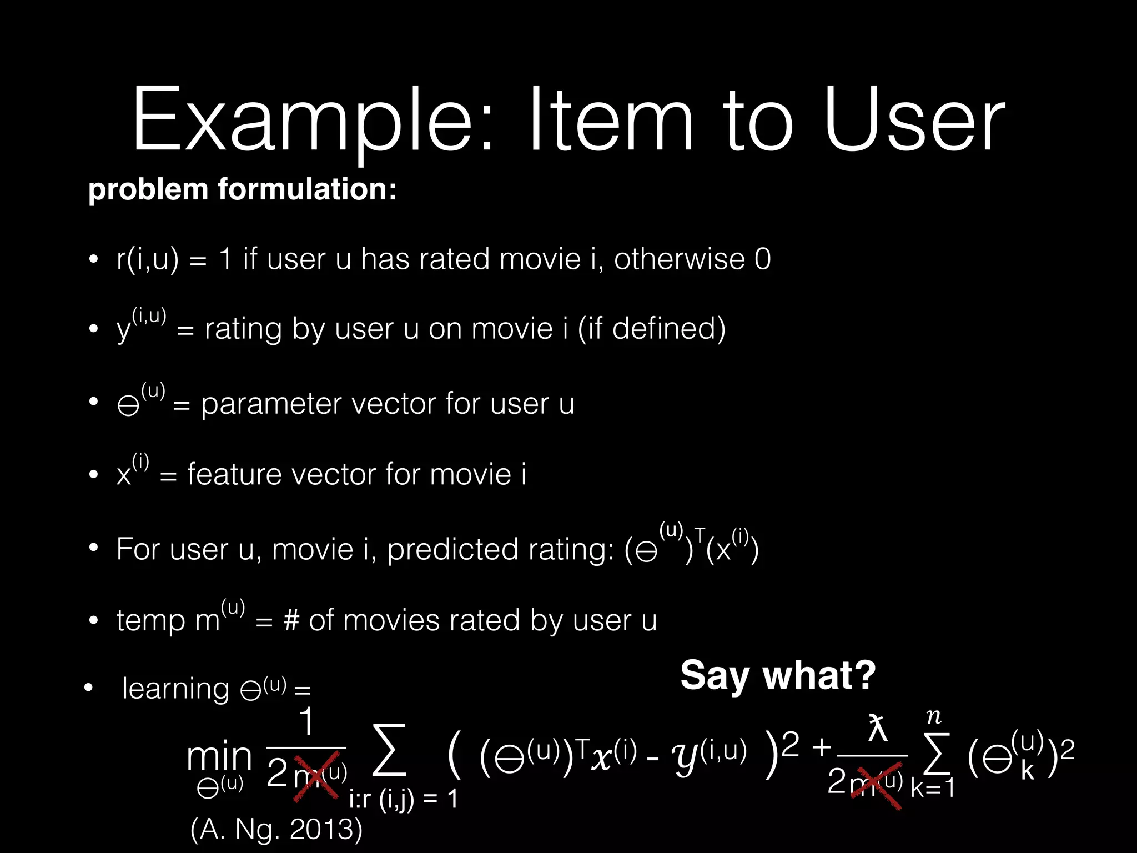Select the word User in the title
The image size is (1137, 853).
click(914, 119)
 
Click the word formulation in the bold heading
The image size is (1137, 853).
click(306, 189)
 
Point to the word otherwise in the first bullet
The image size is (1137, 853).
click(679, 259)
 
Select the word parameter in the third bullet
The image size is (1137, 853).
click(271, 404)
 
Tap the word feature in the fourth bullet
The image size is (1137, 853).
click(234, 474)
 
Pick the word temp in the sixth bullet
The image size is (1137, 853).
click(150, 620)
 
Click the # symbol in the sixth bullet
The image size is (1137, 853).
click(291, 620)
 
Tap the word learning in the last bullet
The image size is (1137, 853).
click(175, 689)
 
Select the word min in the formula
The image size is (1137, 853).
click(219, 756)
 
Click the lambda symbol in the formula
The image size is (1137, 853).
click(877, 729)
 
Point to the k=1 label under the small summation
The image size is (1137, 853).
click(933, 787)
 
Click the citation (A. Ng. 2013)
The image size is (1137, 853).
click(276, 829)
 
